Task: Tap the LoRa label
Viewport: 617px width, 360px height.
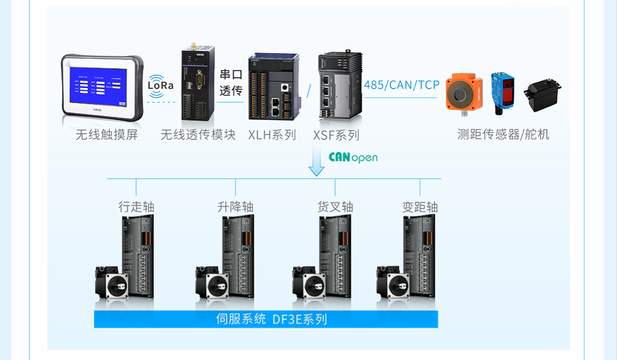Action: (x=161, y=85)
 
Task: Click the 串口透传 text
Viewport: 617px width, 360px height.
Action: (x=231, y=82)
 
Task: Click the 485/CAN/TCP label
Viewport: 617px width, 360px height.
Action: (x=402, y=85)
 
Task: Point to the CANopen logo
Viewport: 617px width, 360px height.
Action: (x=353, y=157)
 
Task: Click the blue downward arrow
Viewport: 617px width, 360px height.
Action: (x=316, y=162)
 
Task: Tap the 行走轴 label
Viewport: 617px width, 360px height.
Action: (x=136, y=207)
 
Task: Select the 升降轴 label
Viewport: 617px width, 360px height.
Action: (x=235, y=207)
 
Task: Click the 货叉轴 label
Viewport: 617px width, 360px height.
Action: (x=335, y=207)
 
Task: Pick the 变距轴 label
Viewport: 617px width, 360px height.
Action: (x=420, y=207)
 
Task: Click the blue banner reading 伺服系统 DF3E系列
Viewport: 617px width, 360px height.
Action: (x=266, y=319)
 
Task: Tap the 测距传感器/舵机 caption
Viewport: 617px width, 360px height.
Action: (x=503, y=134)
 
